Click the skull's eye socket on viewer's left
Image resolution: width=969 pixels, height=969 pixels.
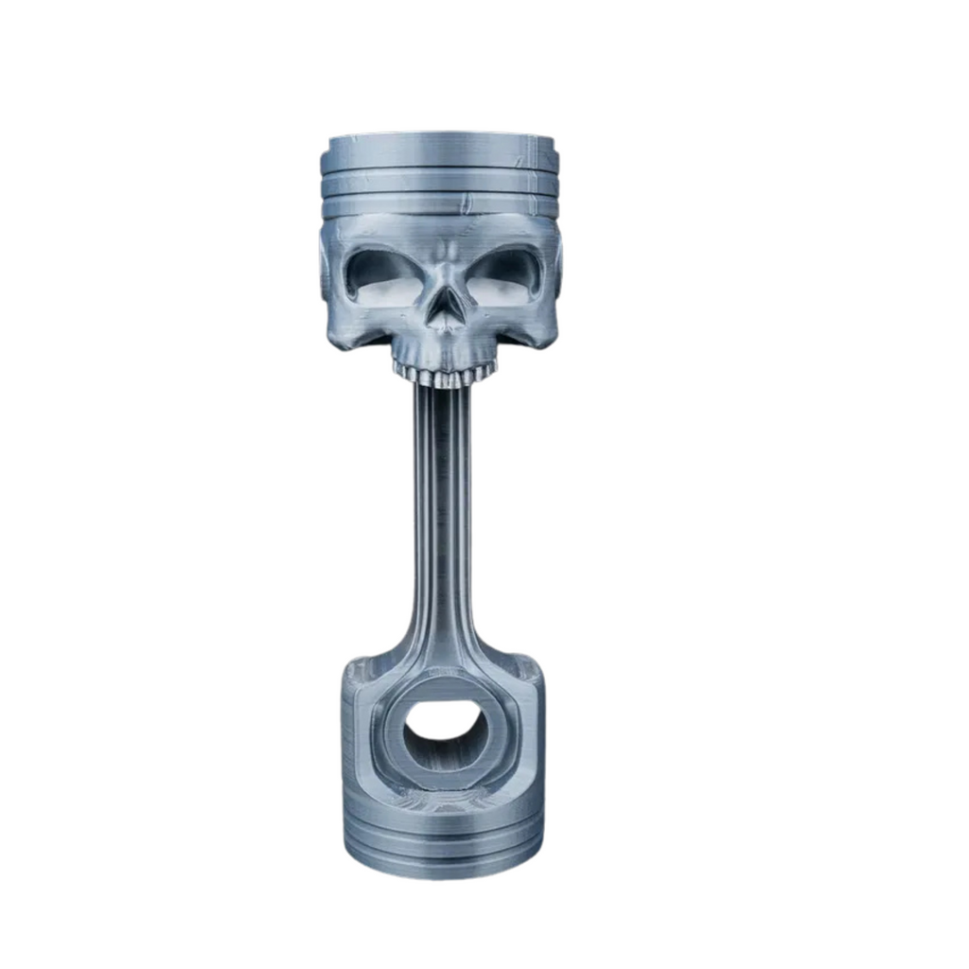pyautogui.click(x=382, y=275)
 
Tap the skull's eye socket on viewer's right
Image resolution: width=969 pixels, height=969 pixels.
pyautogui.click(x=506, y=273)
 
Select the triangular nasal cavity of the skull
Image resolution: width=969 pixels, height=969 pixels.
pyautogui.click(x=445, y=308)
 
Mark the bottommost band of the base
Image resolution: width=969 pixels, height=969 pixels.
pyautogui.click(x=444, y=860)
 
